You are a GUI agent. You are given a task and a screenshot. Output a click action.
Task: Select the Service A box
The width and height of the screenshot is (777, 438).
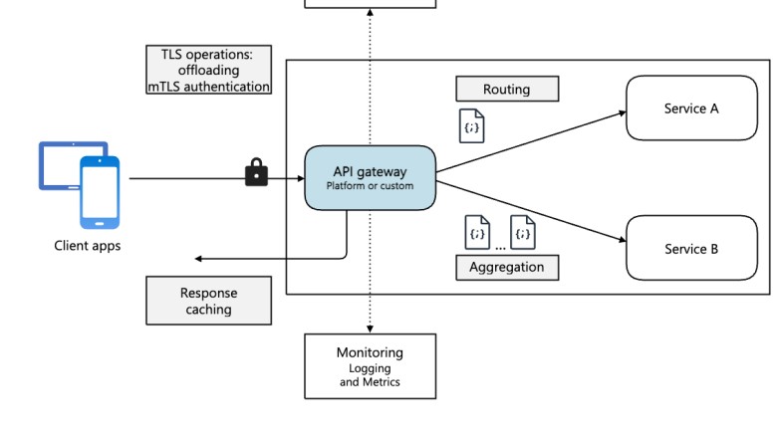tap(690, 109)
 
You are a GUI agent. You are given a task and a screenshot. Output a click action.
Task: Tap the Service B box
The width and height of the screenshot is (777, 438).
tap(690, 248)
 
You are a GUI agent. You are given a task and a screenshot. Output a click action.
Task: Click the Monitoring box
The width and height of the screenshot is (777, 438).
tap(370, 365)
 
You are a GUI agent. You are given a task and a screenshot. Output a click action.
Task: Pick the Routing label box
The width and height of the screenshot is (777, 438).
tap(506, 89)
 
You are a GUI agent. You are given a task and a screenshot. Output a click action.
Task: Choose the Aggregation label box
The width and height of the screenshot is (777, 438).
tap(506, 267)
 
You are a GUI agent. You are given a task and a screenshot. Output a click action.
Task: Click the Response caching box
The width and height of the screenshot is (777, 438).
tap(208, 301)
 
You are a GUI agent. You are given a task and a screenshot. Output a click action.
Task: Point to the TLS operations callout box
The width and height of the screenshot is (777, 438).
tap(208, 70)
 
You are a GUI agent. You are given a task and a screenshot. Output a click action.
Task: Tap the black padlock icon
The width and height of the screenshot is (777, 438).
tap(256, 173)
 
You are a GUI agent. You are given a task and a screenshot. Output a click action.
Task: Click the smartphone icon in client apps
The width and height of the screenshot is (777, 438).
tap(100, 193)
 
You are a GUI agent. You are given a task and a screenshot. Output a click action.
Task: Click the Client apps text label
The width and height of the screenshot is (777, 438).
tap(87, 245)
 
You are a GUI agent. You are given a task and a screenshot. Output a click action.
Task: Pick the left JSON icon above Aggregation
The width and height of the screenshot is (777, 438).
tap(478, 232)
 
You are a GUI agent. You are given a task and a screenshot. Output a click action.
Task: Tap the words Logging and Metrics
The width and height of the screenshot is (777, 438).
tap(370, 374)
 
